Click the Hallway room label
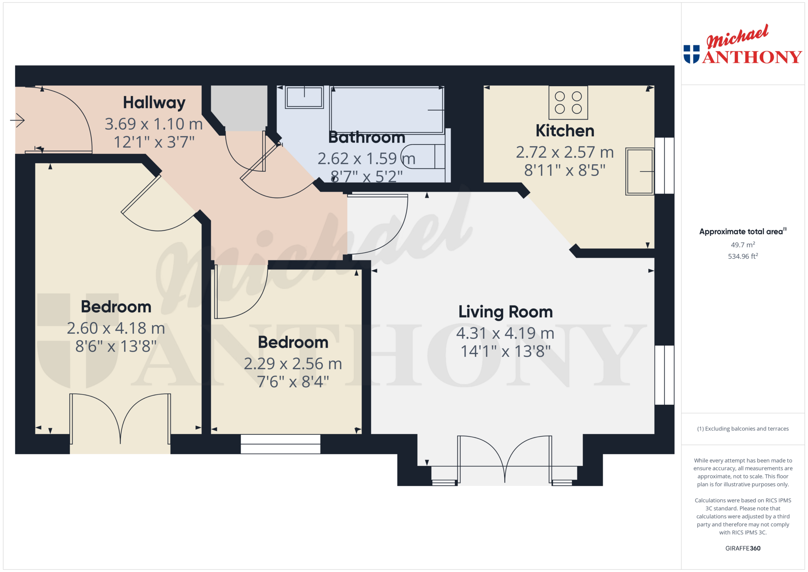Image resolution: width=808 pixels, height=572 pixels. click(x=154, y=103)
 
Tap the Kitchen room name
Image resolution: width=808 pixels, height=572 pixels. click(x=565, y=131)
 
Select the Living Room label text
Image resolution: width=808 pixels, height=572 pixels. click(x=506, y=312)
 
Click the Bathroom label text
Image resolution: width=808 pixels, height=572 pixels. click(x=367, y=137)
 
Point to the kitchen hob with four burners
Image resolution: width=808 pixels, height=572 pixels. click(x=568, y=103)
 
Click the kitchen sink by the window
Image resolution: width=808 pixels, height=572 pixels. click(x=640, y=171)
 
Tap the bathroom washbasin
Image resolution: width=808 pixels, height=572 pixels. click(x=304, y=97)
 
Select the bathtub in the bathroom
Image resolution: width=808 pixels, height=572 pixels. click(x=387, y=110)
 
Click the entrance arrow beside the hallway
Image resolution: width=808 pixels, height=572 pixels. click(x=17, y=120)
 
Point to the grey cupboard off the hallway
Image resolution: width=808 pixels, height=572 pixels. click(x=239, y=108)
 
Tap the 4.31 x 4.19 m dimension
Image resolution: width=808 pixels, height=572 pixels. click(x=505, y=333)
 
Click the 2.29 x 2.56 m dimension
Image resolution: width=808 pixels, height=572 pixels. click(x=293, y=364)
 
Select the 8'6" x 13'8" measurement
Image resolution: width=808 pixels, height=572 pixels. click(x=116, y=346)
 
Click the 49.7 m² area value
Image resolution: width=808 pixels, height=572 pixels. click(x=743, y=245)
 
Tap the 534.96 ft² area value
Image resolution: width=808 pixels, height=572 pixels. click(x=743, y=256)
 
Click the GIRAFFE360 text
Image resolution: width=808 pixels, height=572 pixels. click(x=743, y=548)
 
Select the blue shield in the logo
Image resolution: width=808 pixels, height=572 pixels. click(x=691, y=54)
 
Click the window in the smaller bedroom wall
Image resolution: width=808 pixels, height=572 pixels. click(x=281, y=444)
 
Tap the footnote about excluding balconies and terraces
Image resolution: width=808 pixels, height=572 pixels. click(x=743, y=429)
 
